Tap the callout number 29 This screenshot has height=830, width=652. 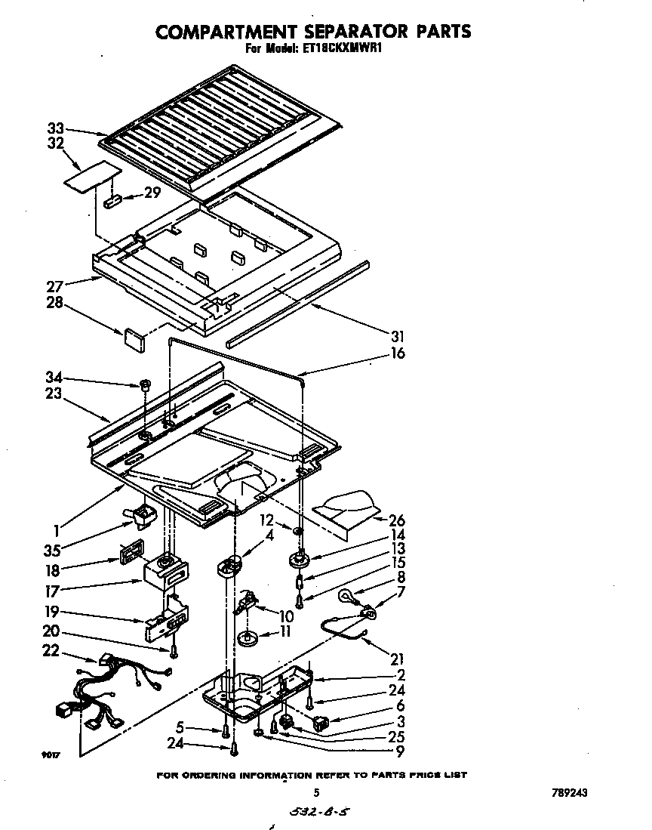(x=152, y=193)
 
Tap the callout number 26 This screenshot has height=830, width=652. (x=397, y=520)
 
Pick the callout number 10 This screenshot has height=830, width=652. (x=285, y=616)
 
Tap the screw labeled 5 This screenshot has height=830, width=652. (x=226, y=730)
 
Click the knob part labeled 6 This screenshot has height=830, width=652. (x=320, y=723)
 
